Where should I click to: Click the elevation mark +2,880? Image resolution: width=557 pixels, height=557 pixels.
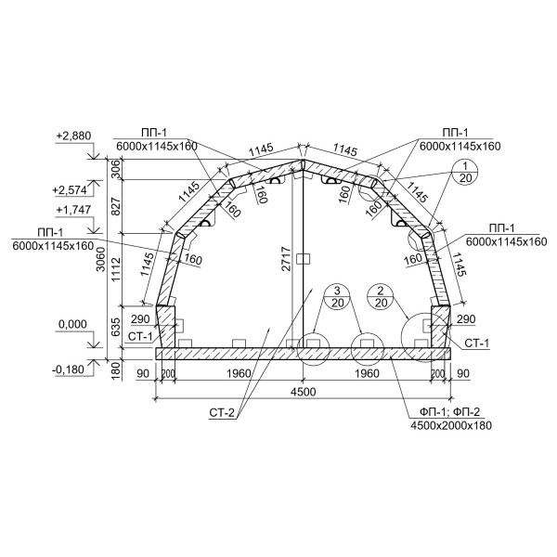(73, 136)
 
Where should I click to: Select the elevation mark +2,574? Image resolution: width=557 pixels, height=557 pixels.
(70, 190)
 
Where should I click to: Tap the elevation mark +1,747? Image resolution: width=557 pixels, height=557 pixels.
(73, 210)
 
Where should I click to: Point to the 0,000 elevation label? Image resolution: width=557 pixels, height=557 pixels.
(72, 324)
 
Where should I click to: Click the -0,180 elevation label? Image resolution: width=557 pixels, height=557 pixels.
(68, 369)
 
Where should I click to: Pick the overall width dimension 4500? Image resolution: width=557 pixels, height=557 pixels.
(303, 392)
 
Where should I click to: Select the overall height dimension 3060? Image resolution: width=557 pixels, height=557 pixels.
(101, 259)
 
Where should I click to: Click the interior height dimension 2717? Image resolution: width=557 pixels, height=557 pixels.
(286, 259)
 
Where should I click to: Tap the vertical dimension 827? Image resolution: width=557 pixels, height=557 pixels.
(116, 206)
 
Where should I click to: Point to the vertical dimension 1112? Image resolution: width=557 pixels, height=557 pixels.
(116, 269)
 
